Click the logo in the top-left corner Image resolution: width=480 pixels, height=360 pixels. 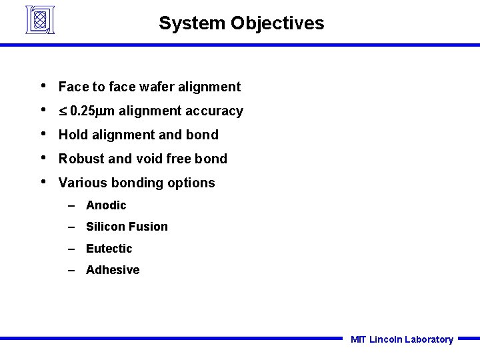click(39, 19)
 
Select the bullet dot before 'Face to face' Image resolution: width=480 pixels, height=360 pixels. click(43, 85)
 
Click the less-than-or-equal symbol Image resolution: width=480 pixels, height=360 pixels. click(63, 111)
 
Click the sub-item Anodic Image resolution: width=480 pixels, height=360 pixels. click(106, 205)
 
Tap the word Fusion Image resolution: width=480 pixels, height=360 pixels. click(149, 227)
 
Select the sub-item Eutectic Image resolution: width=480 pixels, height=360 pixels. click(109, 249)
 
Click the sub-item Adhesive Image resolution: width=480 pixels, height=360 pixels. click(113, 270)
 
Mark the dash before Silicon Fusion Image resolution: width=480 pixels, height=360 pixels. click(73, 227)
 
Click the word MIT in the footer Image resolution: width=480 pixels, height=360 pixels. click(358, 339)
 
